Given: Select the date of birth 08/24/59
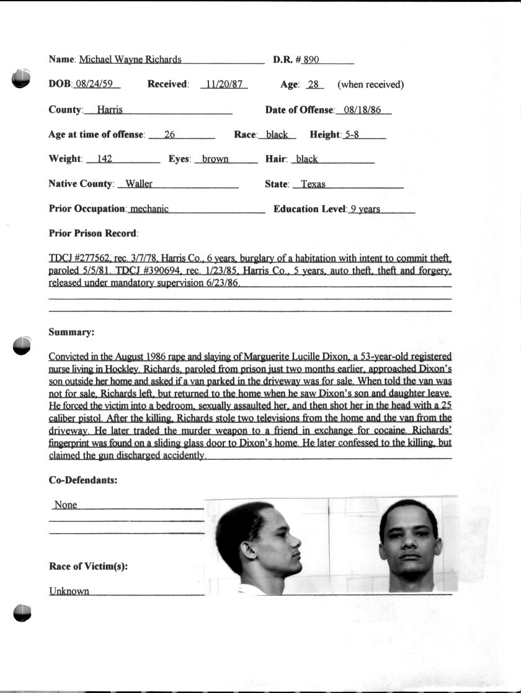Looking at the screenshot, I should [x=97, y=85].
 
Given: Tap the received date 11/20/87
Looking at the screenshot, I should [x=223, y=85].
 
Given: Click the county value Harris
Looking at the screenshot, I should [x=110, y=110].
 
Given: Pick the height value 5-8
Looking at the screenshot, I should [x=352, y=135].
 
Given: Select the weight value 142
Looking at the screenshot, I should [x=104, y=159].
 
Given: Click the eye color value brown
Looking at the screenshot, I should [x=215, y=159].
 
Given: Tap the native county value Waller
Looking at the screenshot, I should [x=139, y=184].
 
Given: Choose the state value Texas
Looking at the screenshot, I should [x=313, y=184].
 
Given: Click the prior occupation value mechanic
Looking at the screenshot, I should [x=149, y=209].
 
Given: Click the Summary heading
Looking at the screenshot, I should [x=71, y=332].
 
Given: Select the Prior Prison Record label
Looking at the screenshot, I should [x=93, y=234].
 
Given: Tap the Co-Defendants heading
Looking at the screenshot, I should [x=83, y=480].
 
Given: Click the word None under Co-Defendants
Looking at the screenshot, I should [x=66, y=505].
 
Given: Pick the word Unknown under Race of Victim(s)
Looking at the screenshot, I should [x=69, y=591].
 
